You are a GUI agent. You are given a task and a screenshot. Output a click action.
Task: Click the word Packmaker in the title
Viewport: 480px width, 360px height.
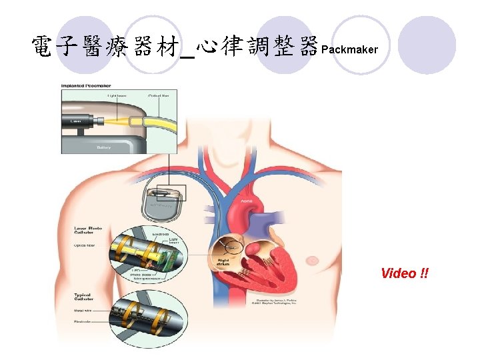[x=349, y=50]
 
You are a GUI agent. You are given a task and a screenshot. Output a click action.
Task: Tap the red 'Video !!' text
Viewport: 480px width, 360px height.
[x=405, y=273]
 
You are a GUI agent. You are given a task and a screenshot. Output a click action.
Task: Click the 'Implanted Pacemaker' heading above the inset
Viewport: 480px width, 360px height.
[x=85, y=85]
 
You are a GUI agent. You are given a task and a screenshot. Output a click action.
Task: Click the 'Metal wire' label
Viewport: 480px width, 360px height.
[x=83, y=309]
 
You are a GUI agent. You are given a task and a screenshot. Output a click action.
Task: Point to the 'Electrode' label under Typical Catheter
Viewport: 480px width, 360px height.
[x=83, y=323]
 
